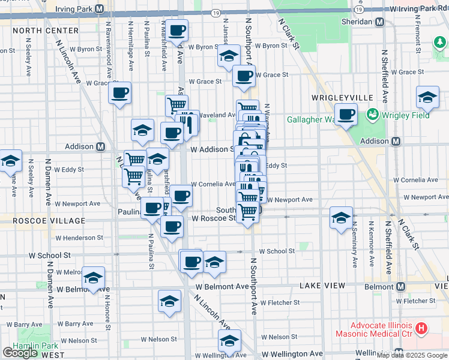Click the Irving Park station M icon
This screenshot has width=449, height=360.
tap(99, 9)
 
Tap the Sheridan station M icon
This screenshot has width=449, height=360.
tap(380, 22)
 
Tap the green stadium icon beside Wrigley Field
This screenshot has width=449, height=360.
tap(372, 113)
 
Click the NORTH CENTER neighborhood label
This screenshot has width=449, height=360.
tap(45, 30)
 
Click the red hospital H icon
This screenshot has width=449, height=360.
tap(421, 328)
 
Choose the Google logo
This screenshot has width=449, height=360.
tap(20, 353)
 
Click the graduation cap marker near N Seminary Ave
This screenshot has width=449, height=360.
tap(341, 218)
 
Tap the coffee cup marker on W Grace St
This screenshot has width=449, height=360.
tap(244, 76)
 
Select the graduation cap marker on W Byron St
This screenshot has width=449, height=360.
tap(228, 57)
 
